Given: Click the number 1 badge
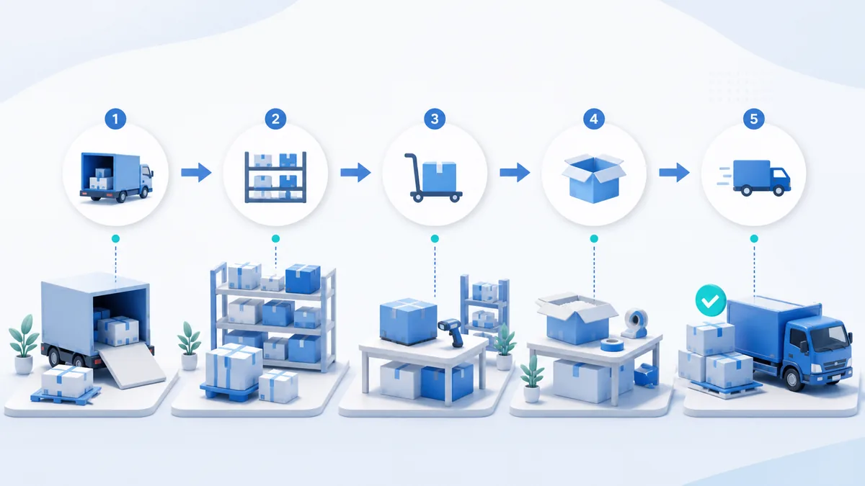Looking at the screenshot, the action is pyautogui.click(x=115, y=119).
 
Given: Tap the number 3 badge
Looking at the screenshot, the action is pyautogui.click(x=435, y=119).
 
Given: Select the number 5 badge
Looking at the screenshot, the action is pyautogui.click(x=754, y=119).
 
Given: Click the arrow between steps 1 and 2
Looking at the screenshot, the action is pyautogui.click(x=196, y=172).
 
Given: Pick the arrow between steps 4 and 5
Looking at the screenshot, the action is pyautogui.click(x=674, y=172).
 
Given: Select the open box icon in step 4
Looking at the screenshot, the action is pyautogui.click(x=594, y=179).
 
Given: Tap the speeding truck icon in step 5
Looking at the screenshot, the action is pyautogui.click(x=754, y=178).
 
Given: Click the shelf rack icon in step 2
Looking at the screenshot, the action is pyautogui.click(x=275, y=177).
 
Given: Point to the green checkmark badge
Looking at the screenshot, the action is pyautogui.click(x=711, y=300).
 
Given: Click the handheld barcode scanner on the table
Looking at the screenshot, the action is pyautogui.click(x=451, y=331).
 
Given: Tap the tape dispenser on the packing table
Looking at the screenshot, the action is pyautogui.click(x=634, y=323).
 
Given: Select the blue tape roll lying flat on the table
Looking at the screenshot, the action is pyautogui.click(x=612, y=344).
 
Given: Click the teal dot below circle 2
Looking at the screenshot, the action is pyautogui.click(x=275, y=239).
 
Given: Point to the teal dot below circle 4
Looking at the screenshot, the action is pyautogui.click(x=594, y=239).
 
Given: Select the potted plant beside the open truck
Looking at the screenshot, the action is pyautogui.click(x=24, y=344).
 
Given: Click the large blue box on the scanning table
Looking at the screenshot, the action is pyautogui.click(x=408, y=321).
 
